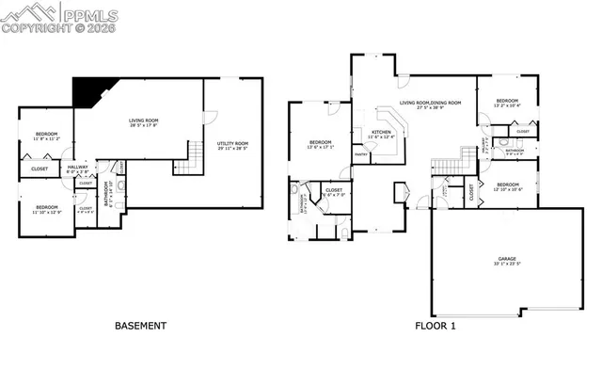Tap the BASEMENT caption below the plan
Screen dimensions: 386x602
pos(140,327)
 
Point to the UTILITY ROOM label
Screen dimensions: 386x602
pos(230,143)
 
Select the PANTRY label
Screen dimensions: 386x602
pos(359,153)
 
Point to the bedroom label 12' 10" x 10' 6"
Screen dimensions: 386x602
pos(507,186)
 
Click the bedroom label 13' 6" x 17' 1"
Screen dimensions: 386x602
pos(321,145)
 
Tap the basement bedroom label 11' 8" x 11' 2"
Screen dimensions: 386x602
pos(45,137)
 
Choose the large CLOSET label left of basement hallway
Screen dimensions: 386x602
pos(40,169)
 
